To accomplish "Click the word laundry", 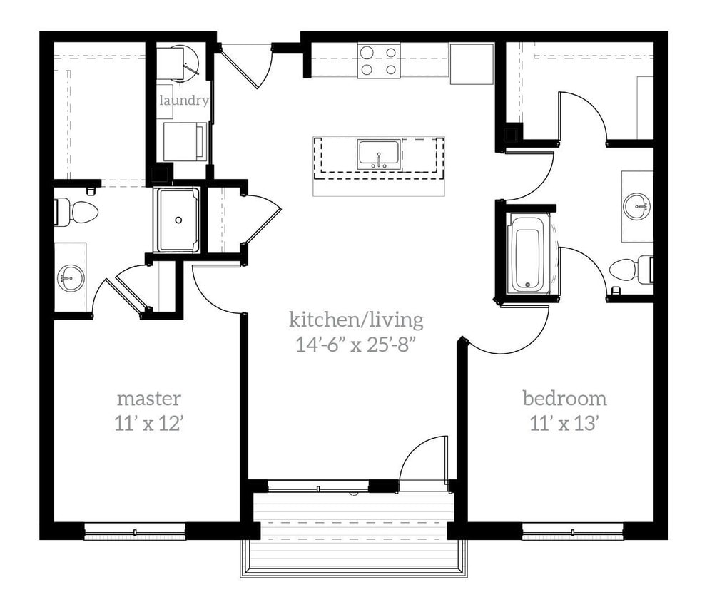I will pyautogui.click(x=183, y=101).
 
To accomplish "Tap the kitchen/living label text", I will pyautogui.click(x=356, y=319).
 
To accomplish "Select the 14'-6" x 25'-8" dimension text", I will pyautogui.click(x=356, y=345).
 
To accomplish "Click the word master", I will pyautogui.click(x=149, y=398).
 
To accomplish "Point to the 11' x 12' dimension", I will pyautogui.click(x=149, y=424).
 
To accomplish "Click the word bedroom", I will pyautogui.click(x=564, y=398).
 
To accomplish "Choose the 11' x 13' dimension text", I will pyautogui.click(x=564, y=424).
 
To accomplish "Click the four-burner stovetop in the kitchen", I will pyautogui.click(x=379, y=60).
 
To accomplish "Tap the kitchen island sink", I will pyautogui.click(x=379, y=155).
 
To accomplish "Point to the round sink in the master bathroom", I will pyautogui.click(x=70, y=276).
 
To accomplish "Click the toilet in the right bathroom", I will pyautogui.click(x=629, y=269).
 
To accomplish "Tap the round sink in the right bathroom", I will pyautogui.click(x=636, y=207).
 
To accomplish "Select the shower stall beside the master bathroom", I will pyautogui.click(x=177, y=220).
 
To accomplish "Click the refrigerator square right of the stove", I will pyautogui.click(x=472, y=63).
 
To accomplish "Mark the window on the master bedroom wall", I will pyautogui.click(x=135, y=530).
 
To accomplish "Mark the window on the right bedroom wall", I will pyautogui.click(x=572, y=530).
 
